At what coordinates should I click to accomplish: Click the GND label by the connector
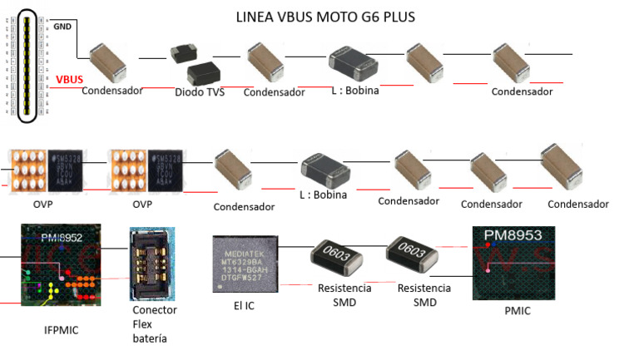click(62, 26)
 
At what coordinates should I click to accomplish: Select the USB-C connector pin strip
click(27, 65)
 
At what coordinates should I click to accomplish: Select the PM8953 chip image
click(513, 263)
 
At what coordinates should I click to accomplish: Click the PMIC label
click(516, 312)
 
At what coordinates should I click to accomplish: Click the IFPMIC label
click(61, 331)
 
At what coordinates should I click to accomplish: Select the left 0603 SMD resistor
click(338, 259)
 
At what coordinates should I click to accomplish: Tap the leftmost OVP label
click(31, 203)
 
